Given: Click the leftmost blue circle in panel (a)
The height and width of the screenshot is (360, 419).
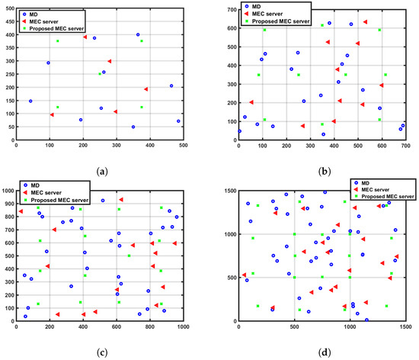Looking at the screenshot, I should click(30, 101).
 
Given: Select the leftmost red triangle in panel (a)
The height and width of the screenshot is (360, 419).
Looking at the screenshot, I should click(52, 114).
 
